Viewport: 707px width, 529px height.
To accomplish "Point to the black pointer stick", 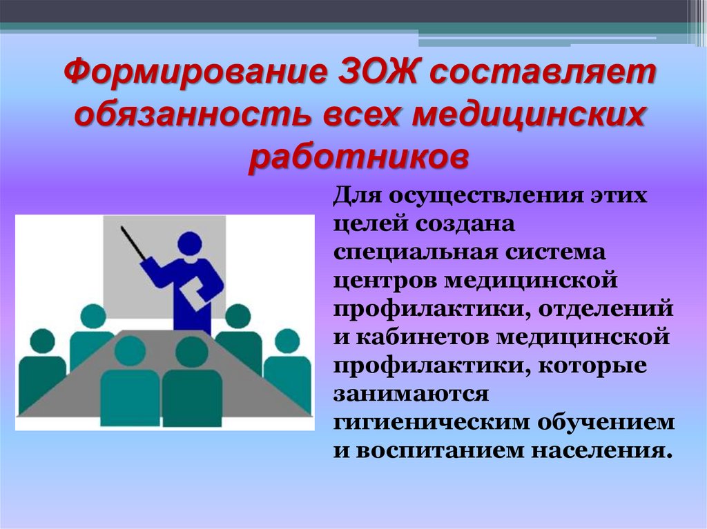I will [x=133, y=243].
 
